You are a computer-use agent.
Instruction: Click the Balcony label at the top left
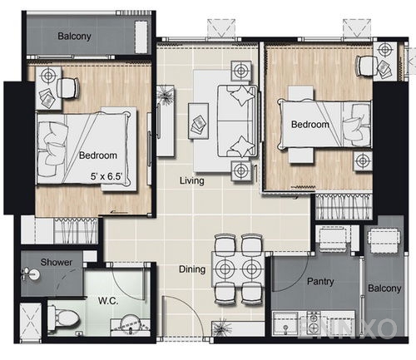[x=75, y=37]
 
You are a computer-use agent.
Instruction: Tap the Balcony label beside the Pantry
[x=384, y=288]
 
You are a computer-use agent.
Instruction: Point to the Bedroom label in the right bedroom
[x=310, y=125]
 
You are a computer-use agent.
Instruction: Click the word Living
[x=193, y=180]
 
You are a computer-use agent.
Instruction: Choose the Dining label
[x=193, y=269]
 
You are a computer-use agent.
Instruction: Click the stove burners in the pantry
[x=314, y=322]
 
